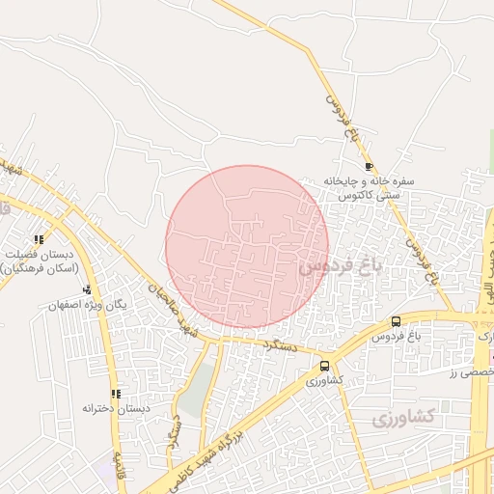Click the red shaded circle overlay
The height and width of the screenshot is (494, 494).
247,246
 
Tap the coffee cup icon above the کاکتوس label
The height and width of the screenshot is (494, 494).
369,167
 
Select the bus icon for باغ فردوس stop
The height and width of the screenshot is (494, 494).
396,321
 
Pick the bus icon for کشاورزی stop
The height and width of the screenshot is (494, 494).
324,367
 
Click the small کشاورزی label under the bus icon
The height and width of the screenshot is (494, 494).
324,382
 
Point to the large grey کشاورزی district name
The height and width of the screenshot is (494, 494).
403,418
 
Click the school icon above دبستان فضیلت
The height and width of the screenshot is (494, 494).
39,239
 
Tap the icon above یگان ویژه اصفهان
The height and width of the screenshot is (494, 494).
87,289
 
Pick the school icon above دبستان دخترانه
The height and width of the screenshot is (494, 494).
116,394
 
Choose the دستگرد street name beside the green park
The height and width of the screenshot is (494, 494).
175,428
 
